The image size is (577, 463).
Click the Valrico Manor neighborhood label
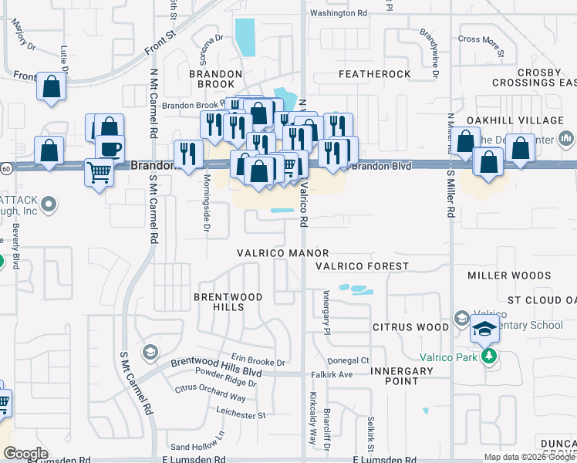coord(283,253)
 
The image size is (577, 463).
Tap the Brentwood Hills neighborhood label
coord(228,302)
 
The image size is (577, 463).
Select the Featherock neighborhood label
coord(374,74)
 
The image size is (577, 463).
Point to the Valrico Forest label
coord(362,266)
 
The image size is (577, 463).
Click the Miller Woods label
coord(509,275)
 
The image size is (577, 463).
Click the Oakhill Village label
coord(515,121)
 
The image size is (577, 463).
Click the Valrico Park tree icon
coord(488,357)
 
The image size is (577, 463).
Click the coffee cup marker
coord(109,147)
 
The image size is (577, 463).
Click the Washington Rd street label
coord(338,14)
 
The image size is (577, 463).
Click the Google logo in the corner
coord(25,454)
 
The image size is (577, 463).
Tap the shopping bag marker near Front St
coord(51,86)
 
